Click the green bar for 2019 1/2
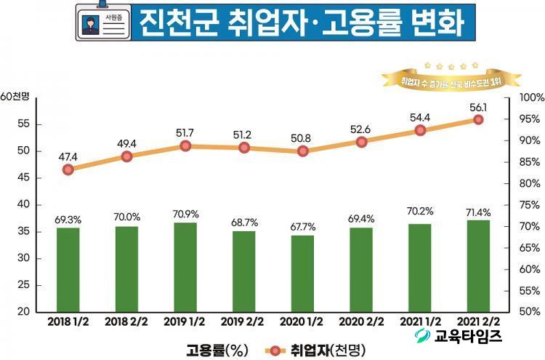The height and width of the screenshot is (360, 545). coord(185,267)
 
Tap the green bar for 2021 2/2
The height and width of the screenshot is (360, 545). coord(478,265)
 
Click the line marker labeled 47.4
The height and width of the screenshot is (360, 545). coord(68,169)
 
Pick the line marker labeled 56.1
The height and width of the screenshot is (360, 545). coord(478,119)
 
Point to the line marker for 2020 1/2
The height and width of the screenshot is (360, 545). coord(303,151)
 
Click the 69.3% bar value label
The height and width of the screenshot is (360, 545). coord(68,219)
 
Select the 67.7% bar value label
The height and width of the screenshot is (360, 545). coord(303,226)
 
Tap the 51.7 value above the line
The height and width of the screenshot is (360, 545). coord(185,132)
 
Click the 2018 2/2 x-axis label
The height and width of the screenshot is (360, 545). coord(126,321)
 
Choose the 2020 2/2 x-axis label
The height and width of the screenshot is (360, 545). coord(361,321)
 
